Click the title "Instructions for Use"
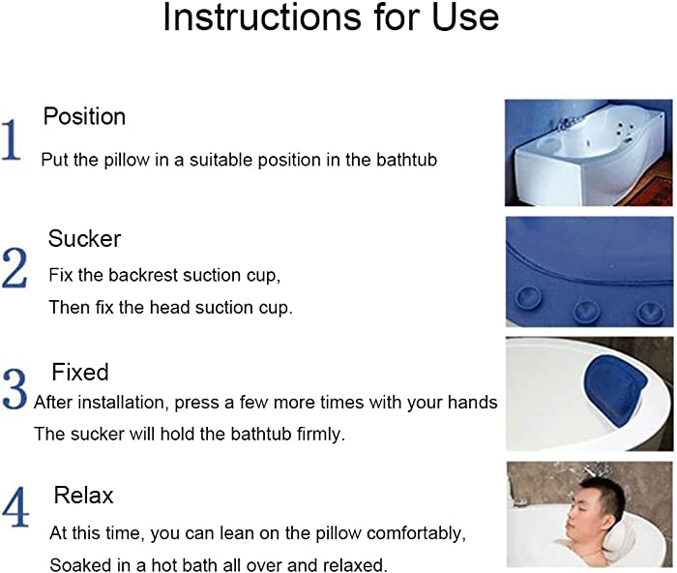tap(331, 17)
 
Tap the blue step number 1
tap(12, 140)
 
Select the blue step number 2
tap(15, 268)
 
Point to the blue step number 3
tap(15, 389)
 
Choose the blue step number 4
tap(15, 507)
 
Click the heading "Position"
tap(84, 116)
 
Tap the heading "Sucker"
tap(84, 238)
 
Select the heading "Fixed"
tap(80, 372)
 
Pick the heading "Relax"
tap(83, 496)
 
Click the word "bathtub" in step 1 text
tap(406, 160)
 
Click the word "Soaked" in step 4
tap(75, 565)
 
